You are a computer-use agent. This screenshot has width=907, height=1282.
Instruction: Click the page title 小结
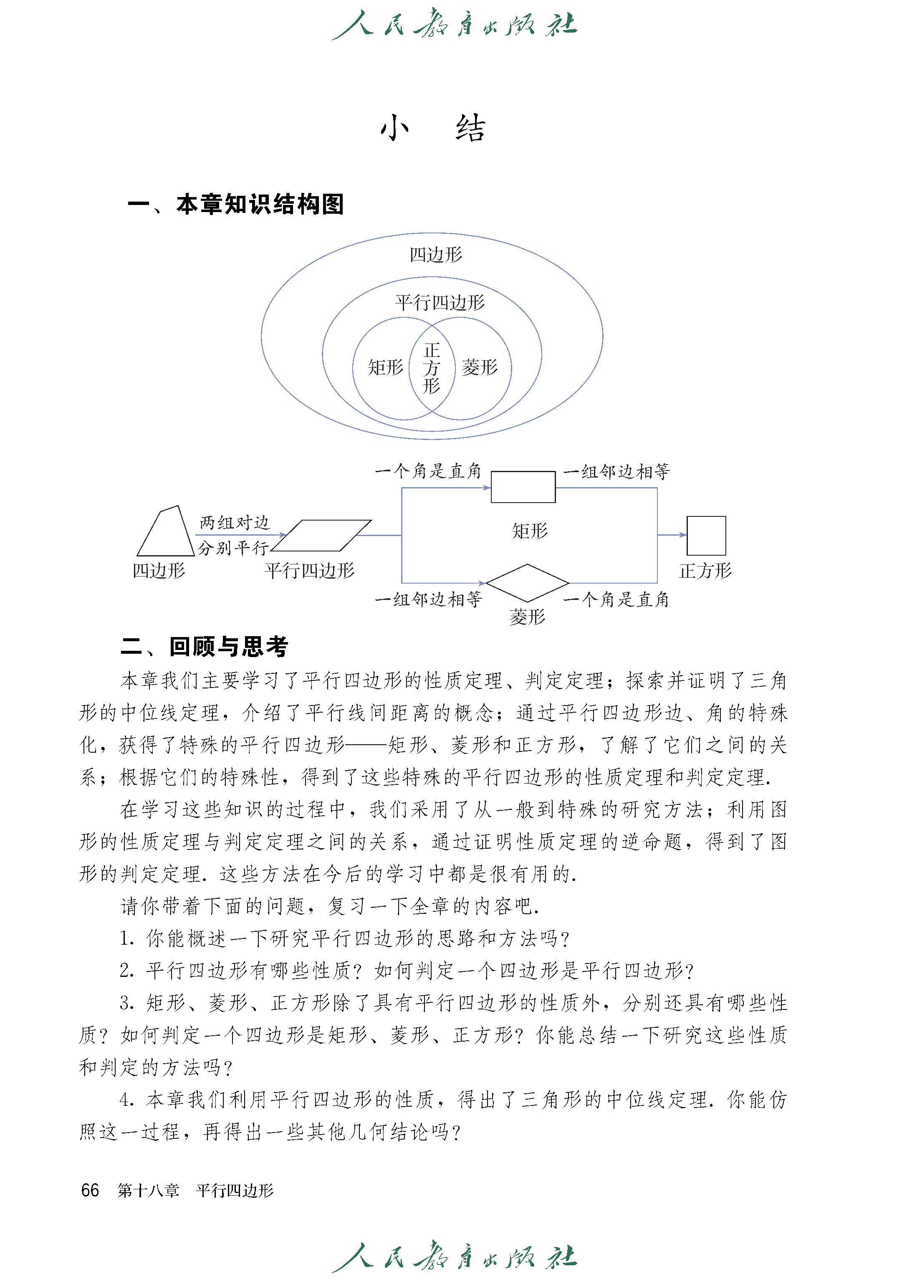pos(433,129)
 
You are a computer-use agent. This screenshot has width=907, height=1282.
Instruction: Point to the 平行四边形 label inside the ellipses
pos(440,303)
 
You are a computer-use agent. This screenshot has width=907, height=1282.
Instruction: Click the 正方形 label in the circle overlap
pos(432,368)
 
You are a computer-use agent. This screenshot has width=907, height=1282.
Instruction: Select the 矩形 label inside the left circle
pos(385,367)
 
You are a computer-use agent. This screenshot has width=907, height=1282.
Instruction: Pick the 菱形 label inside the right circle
pos(479,367)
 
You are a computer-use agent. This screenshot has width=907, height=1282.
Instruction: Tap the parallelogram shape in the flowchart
pos(321,536)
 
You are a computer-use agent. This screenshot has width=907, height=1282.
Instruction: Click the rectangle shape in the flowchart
pos(523,487)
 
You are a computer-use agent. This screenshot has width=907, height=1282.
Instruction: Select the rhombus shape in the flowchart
pos(527,583)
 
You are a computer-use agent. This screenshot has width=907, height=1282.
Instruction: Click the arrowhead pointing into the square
pos(682,535)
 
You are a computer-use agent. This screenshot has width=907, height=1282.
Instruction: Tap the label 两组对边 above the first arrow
pos(235,523)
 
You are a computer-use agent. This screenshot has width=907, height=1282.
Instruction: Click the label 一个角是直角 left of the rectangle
pos(428,471)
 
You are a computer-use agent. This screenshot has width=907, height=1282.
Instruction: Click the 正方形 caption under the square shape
pos(705,571)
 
